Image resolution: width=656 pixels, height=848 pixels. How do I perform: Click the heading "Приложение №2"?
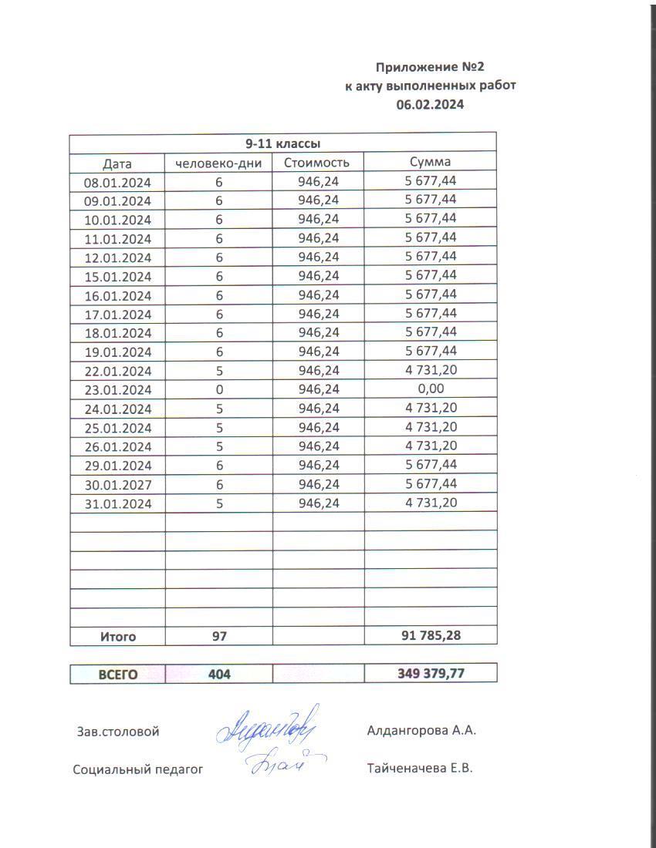click(430, 67)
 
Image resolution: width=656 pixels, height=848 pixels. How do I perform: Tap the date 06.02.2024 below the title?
click(430, 105)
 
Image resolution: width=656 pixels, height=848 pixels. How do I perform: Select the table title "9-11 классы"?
click(282, 143)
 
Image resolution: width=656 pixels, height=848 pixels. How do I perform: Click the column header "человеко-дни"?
click(219, 163)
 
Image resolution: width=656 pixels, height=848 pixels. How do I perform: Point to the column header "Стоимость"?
click(316, 163)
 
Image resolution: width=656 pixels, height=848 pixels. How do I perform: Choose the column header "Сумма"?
click(431, 162)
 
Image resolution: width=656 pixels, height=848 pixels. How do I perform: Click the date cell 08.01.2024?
click(117, 182)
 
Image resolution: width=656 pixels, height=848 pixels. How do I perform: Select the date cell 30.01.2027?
click(117, 485)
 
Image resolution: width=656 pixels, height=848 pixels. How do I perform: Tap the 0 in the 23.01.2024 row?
click(219, 390)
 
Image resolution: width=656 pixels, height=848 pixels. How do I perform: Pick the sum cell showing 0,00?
click(431, 389)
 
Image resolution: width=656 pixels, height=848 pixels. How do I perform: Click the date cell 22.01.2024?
click(117, 371)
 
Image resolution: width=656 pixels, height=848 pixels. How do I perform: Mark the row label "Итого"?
click(117, 637)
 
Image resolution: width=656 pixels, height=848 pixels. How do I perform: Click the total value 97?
click(219, 637)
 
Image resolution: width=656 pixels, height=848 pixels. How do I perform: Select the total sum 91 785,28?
click(431, 636)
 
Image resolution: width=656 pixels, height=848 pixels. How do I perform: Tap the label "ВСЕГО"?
click(117, 674)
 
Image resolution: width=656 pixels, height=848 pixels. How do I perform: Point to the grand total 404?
click(219, 674)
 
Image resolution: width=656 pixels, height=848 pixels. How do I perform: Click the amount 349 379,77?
click(431, 674)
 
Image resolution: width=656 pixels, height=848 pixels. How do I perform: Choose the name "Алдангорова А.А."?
click(421, 731)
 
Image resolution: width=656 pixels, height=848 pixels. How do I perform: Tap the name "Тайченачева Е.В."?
click(420, 768)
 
